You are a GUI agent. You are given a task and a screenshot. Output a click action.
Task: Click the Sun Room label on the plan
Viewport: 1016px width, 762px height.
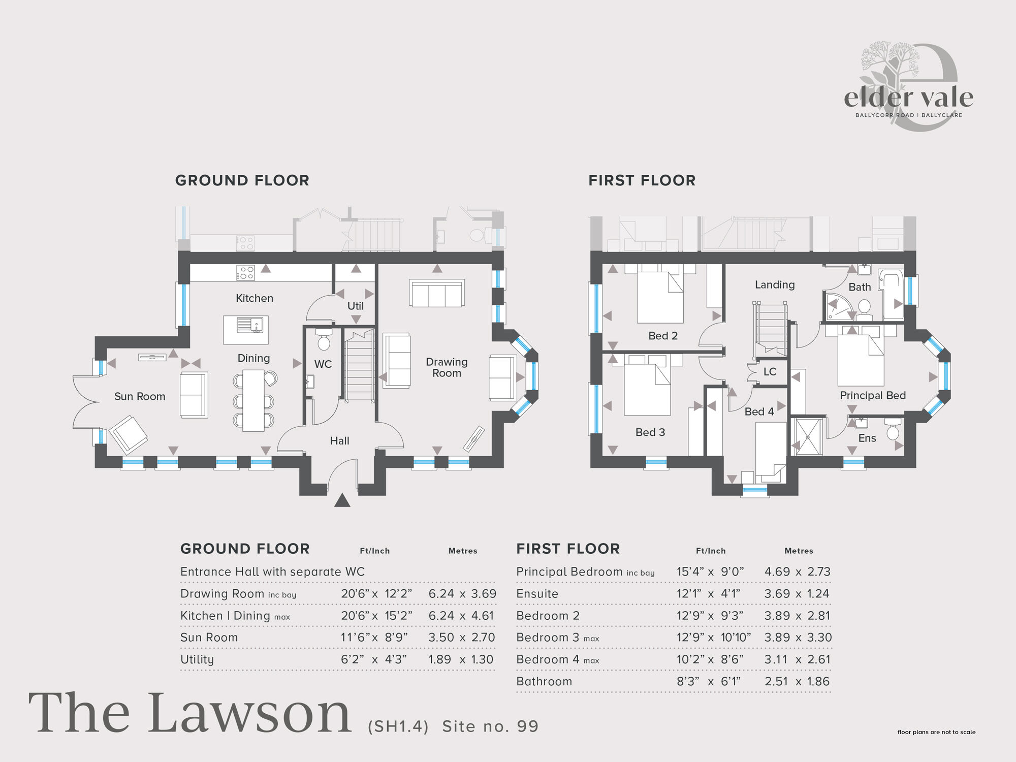tap(140, 397)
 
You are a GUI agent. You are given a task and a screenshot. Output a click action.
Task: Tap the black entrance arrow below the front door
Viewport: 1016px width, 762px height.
tap(342, 501)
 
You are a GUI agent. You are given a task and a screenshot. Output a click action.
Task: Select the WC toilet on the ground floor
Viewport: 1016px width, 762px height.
tap(324, 340)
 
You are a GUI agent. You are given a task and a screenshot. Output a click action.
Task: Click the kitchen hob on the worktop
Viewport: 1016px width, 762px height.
tap(245, 273)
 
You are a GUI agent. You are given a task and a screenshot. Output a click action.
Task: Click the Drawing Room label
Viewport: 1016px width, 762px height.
tap(447, 367)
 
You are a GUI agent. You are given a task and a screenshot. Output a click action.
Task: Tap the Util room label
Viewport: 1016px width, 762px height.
tap(356, 306)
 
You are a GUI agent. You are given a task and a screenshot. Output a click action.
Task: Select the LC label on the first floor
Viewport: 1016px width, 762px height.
tap(770, 372)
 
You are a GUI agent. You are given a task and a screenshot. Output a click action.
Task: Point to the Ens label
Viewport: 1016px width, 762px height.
tap(867, 438)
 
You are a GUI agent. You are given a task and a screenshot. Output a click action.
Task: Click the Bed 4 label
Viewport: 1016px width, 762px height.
tap(759, 412)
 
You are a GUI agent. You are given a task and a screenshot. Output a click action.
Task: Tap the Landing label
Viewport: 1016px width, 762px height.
tap(775, 285)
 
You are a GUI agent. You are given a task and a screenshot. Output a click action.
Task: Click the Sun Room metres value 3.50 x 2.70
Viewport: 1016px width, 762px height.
tap(461, 638)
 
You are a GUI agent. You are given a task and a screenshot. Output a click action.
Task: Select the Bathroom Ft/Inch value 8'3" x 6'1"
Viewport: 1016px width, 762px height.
tap(709, 682)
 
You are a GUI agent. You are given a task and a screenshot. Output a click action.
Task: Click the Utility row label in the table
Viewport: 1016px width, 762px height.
tap(197, 659)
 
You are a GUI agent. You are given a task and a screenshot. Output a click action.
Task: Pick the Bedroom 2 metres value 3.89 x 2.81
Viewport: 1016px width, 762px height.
tap(797, 616)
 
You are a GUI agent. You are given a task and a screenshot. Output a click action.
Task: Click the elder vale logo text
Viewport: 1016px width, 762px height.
tap(908, 98)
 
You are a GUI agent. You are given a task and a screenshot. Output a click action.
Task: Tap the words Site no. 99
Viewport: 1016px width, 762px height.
tap(490, 726)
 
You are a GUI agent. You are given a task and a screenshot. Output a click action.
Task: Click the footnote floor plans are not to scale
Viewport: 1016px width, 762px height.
tap(936, 732)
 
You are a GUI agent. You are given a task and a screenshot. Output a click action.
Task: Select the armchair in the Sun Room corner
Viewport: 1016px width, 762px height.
tap(129, 434)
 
